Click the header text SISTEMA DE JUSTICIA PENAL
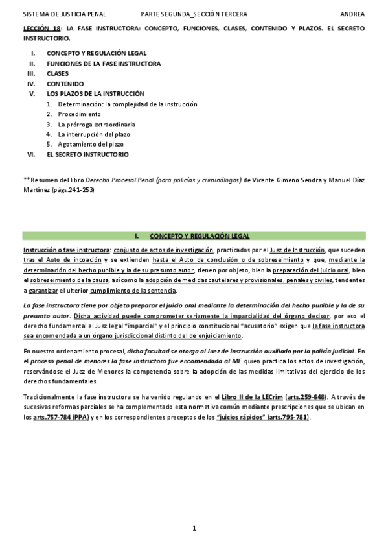(x=65, y=14)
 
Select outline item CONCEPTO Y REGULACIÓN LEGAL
(x=97, y=53)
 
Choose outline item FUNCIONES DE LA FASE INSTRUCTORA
(x=104, y=64)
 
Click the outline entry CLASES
(x=58, y=73)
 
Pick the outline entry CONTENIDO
(x=65, y=84)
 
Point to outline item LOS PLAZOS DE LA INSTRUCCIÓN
(x=95, y=93)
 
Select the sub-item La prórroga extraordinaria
(x=97, y=124)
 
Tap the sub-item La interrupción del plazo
(x=93, y=134)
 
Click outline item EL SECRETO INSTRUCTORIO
(x=87, y=154)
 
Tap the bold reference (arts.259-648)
(x=307, y=396)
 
